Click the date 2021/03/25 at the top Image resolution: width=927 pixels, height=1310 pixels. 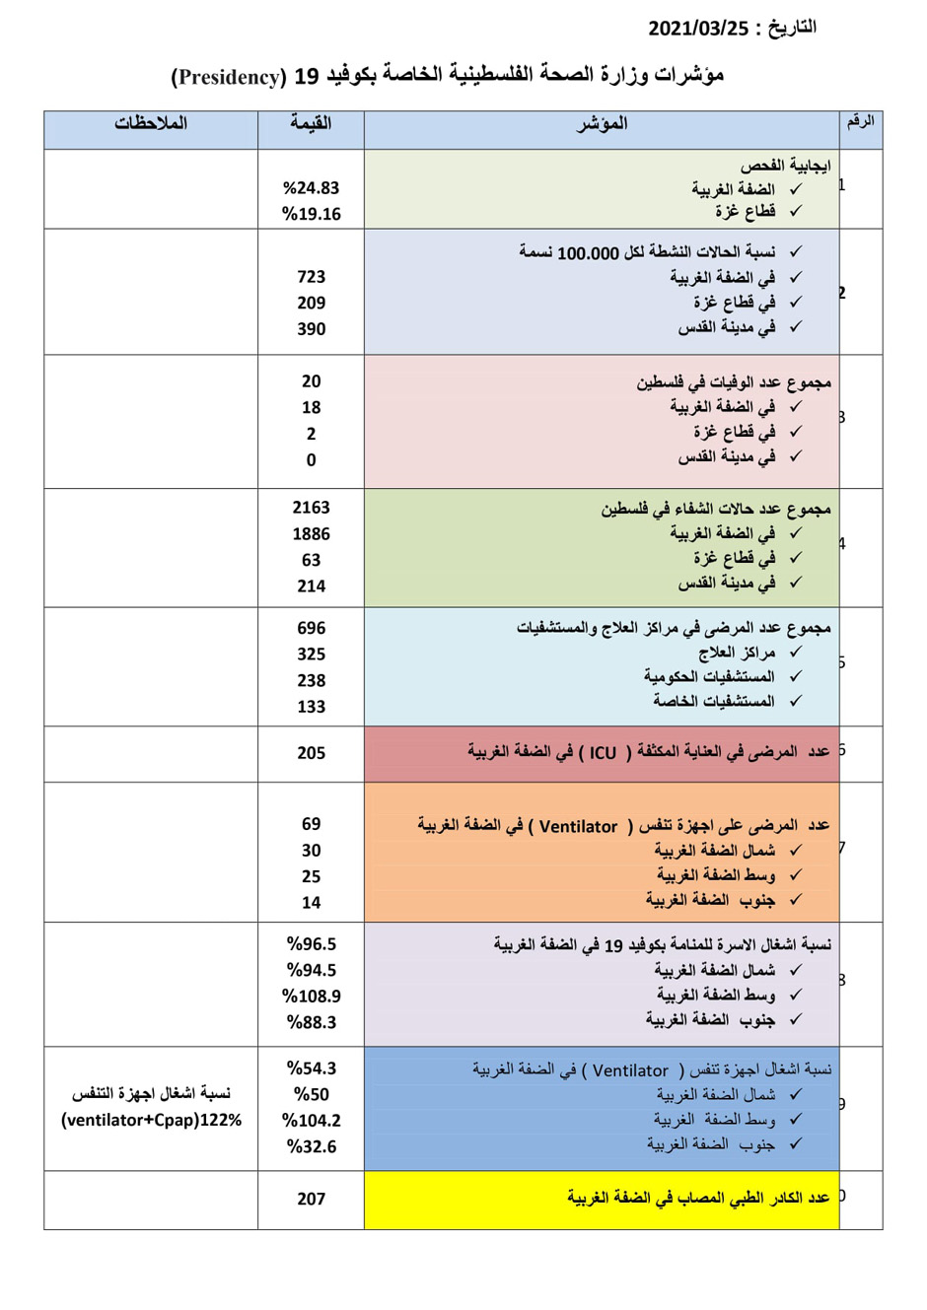coord(698,29)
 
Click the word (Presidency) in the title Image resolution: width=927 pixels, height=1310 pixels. coord(229,77)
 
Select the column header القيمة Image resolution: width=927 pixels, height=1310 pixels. coord(311,123)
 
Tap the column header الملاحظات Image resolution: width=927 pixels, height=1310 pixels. coord(151,123)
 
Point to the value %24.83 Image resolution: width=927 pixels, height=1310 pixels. coord(311,188)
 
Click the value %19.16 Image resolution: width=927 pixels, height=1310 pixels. coord(311,214)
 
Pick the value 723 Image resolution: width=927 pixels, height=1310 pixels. coord(311,277)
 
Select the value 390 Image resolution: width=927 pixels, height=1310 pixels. coord(311,329)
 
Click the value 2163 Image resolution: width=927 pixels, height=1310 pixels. coord(311,508)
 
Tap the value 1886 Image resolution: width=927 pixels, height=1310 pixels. coord(311,534)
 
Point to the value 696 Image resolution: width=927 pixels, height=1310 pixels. coord(311,628)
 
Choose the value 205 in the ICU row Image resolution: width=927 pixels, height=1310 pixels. coord(311,753)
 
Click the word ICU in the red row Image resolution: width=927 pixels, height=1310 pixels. coord(603,753)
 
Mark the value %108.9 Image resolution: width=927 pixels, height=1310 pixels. coord(311,997)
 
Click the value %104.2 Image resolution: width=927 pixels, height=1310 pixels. coord(311,1121)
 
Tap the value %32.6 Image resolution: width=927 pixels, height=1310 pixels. coord(311,1146)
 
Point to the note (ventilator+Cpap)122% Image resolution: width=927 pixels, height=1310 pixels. coord(151,1121)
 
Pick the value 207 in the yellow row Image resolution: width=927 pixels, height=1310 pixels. coord(311,1199)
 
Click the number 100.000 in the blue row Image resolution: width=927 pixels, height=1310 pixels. coord(588,253)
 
